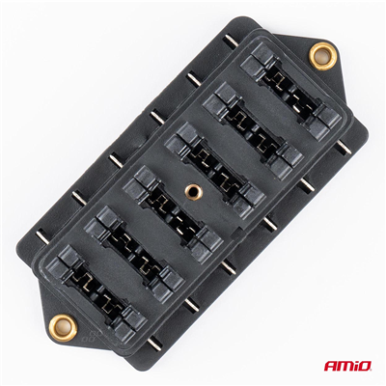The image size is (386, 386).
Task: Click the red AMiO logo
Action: (347, 366)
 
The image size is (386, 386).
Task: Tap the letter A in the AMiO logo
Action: (330, 366)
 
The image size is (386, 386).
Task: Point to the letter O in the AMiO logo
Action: (365, 366)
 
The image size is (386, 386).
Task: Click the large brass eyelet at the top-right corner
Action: (321, 56)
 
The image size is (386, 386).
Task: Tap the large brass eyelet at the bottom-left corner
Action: (63, 328)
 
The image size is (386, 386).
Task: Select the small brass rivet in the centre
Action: (194, 193)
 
